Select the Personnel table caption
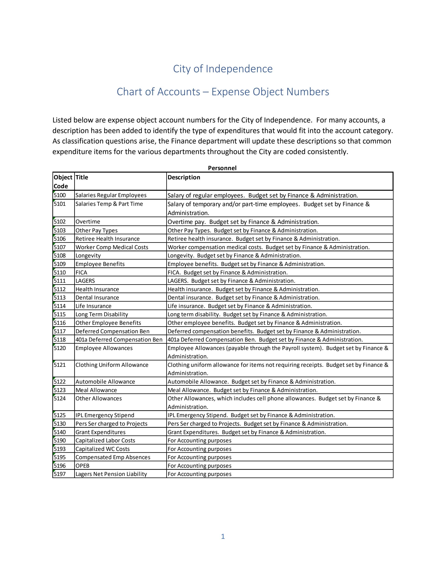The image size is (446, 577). coord(222,168)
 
